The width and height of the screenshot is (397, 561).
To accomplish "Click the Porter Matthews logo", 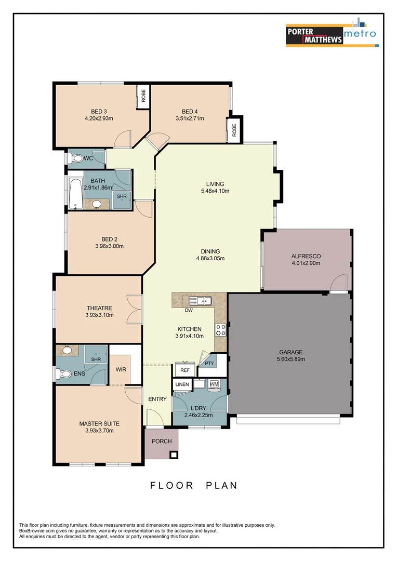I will pos(314,35).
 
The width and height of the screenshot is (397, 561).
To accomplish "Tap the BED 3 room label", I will pos(99,111).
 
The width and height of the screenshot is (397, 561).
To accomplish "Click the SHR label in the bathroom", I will pos(122,196).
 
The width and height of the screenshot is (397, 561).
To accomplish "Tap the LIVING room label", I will pos(215,184).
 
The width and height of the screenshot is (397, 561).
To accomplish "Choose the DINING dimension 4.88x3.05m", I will pos(210,258).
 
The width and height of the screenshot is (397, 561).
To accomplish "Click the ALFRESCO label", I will pos(306,256).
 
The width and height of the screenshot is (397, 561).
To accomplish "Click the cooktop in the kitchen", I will pos(220,329).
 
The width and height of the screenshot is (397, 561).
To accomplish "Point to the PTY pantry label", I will pos(209,364).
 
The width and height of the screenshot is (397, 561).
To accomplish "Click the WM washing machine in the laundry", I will pos(214,384).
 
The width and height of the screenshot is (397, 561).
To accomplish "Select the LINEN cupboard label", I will pos(182,384).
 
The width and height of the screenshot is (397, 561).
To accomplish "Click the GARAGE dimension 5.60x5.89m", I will pos(290,359).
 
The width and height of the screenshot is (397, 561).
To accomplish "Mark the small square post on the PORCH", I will pos(174,455).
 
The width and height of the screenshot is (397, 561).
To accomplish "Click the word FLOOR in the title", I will pos(171,486).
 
